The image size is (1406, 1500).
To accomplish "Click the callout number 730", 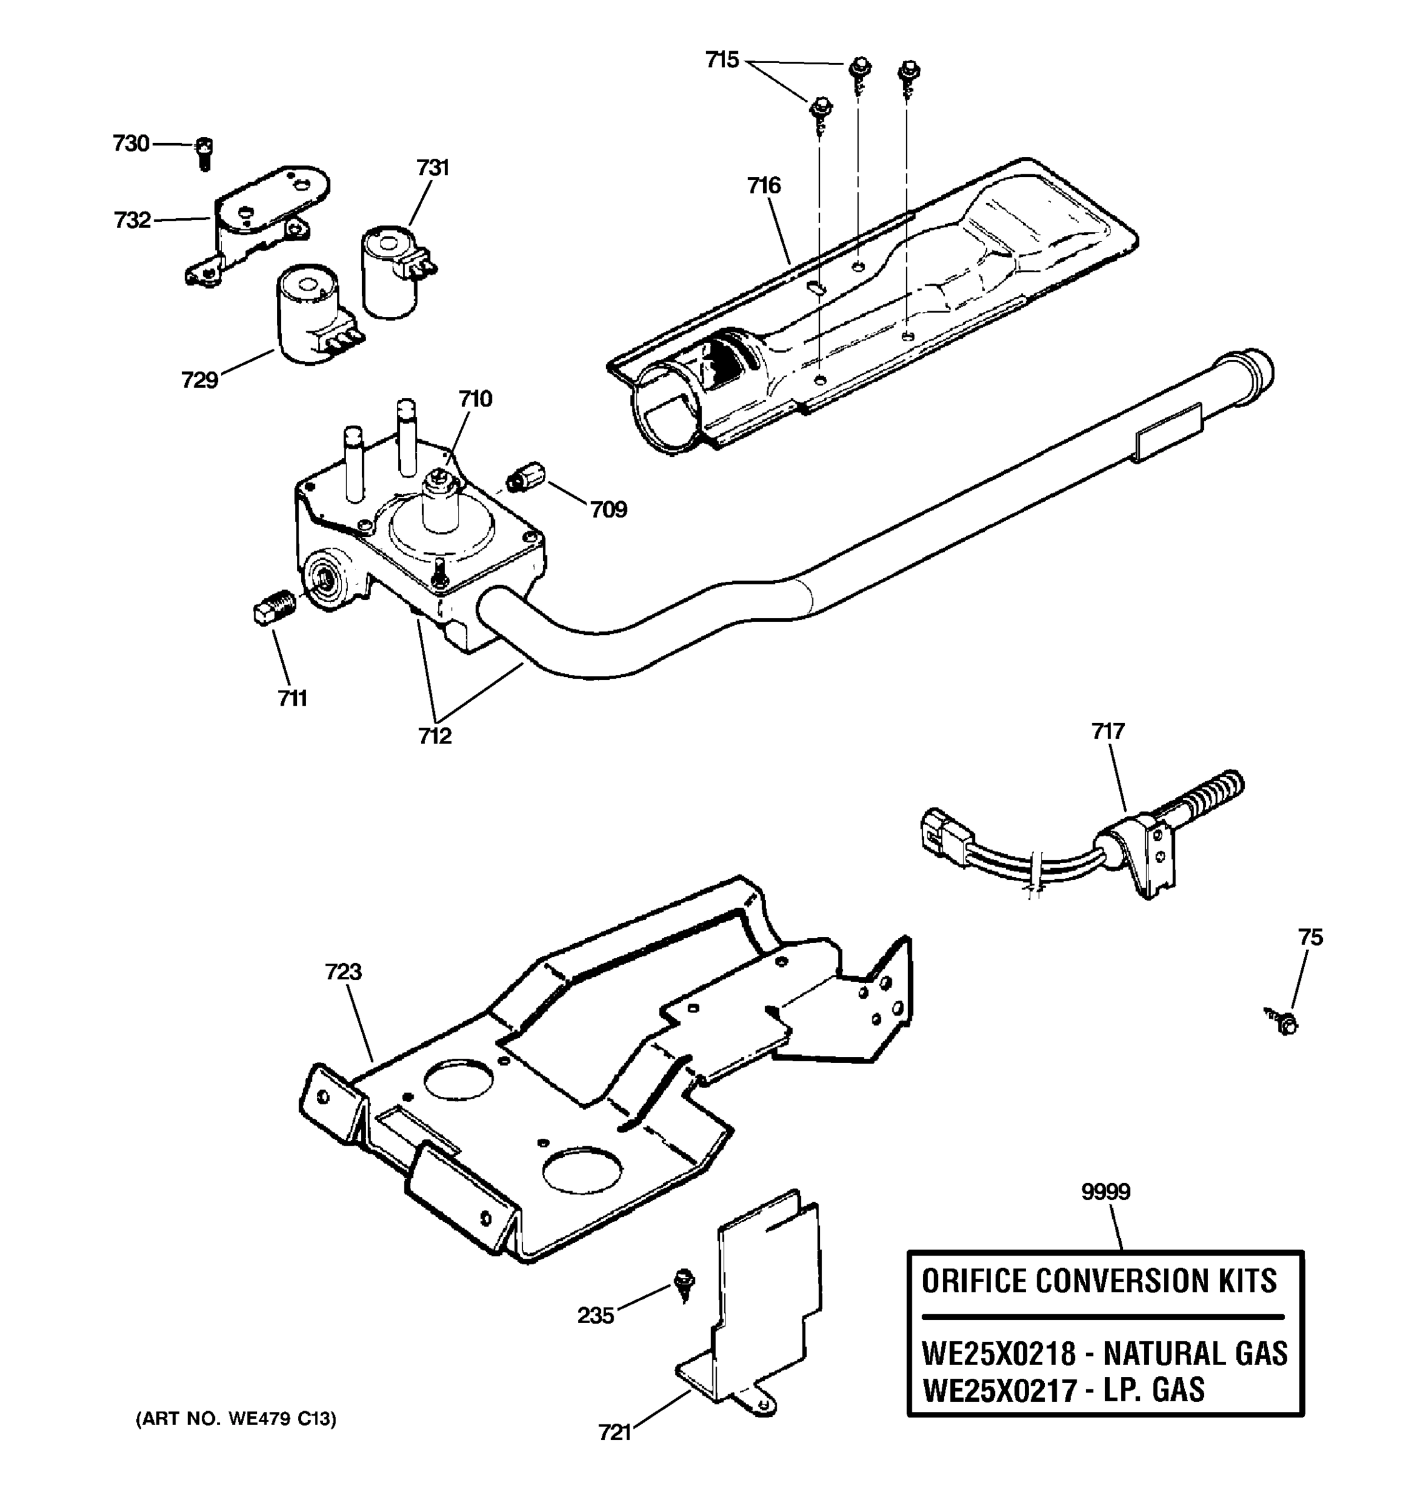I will pos(131,143).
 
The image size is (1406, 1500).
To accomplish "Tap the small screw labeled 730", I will pos(204,152).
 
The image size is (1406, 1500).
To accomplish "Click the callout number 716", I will pos(764,186).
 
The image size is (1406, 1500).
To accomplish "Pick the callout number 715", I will pos(722,59).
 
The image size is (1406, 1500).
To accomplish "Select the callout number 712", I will pos(435,736).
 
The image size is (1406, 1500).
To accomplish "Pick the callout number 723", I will pos(344,972).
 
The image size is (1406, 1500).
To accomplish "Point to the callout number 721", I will pos(615,1432).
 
